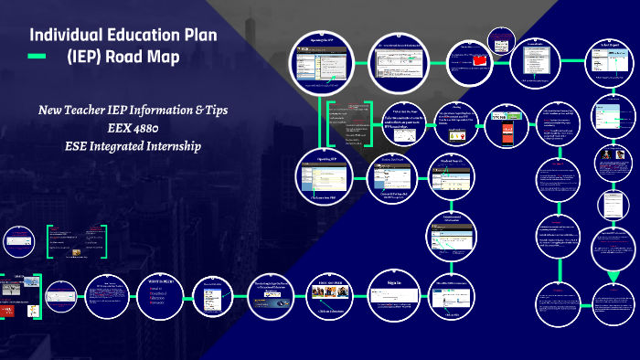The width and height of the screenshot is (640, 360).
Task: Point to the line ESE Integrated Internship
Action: [133, 145]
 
